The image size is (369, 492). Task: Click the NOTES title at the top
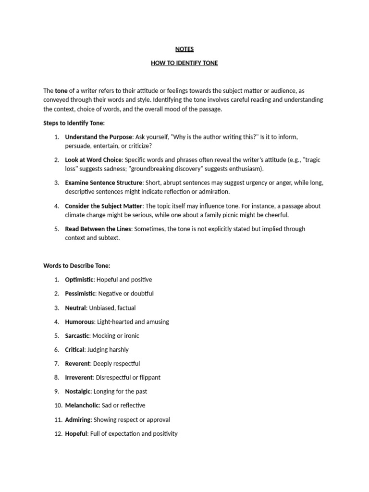click(x=184, y=49)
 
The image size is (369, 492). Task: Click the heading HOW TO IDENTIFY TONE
click(x=184, y=63)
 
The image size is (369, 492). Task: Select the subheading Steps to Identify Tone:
click(x=74, y=123)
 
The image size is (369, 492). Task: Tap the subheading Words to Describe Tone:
click(x=77, y=265)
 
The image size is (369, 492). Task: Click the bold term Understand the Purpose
click(x=98, y=137)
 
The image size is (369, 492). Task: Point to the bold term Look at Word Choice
click(x=93, y=160)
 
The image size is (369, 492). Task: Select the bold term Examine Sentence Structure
click(x=104, y=183)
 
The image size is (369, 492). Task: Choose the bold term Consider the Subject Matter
click(x=104, y=206)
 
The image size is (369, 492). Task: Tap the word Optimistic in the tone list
click(x=79, y=279)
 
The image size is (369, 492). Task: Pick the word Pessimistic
click(x=80, y=293)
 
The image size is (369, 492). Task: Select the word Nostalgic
click(x=77, y=391)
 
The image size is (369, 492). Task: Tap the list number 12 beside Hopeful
click(x=57, y=433)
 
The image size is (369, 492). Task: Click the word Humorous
click(x=79, y=321)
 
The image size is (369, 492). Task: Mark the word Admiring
click(x=77, y=419)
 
